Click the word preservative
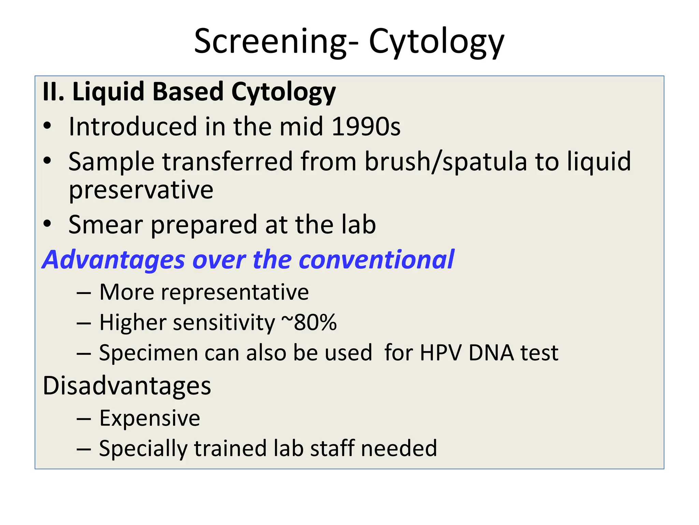(x=141, y=190)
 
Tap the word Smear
(x=105, y=225)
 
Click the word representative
(x=235, y=292)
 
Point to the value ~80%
(x=309, y=322)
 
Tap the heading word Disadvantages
(x=127, y=386)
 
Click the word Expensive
(x=149, y=418)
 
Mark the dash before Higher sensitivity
(x=84, y=323)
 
